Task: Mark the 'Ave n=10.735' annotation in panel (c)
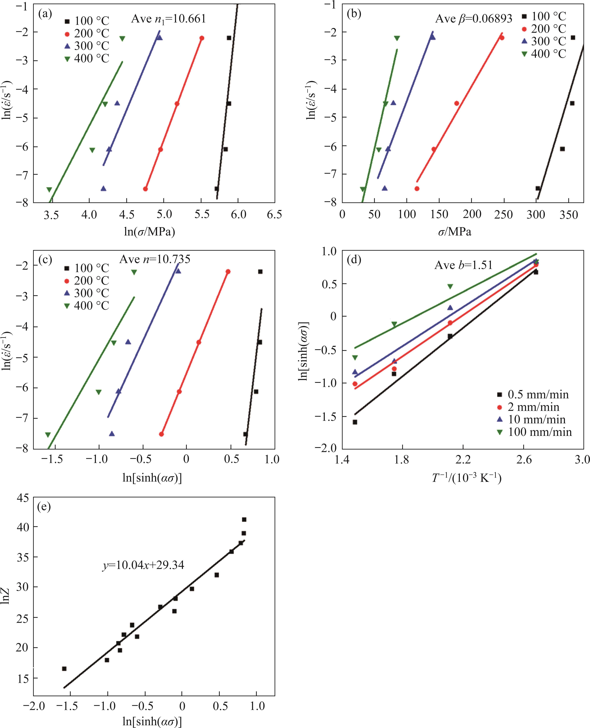[155, 259]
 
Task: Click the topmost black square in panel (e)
[244, 519]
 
